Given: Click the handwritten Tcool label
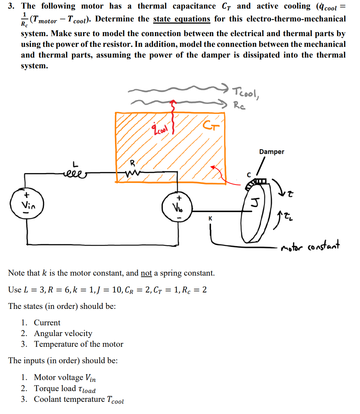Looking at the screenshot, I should click(x=247, y=93).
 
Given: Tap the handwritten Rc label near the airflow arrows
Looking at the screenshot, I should click(x=239, y=105).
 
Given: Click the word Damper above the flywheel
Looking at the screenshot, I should click(x=272, y=152).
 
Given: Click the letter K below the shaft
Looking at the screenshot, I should click(x=210, y=218).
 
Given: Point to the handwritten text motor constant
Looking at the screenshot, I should click(x=311, y=246).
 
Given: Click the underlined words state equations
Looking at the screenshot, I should click(x=181, y=19).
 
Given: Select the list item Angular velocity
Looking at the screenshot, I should click(x=63, y=334).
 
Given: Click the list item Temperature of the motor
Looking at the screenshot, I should click(x=78, y=344).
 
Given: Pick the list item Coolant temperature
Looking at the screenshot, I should click(x=79, y=400).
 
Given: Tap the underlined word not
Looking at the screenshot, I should click(x=146, y=273).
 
